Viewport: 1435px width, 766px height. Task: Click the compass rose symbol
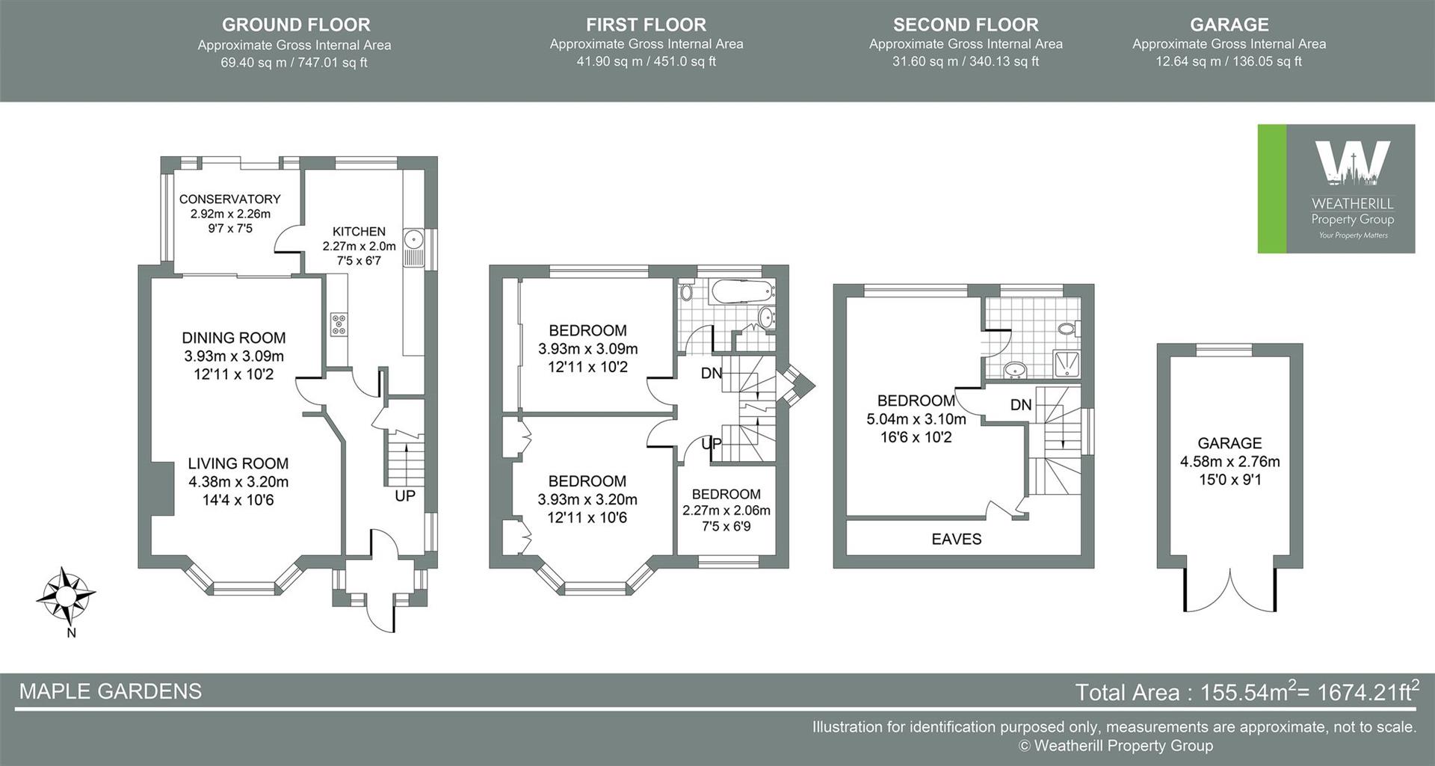pyautogui.click(x=66, y=597)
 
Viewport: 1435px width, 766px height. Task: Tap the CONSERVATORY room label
pyautogui.click(x=229, y=199)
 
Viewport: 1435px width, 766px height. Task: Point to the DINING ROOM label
pyautogui.click(x=233, y=338)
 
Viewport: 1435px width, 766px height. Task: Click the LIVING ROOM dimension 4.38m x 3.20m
pyautogui.click(x=238, y=482)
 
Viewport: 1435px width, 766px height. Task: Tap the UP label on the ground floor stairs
pyautogui.click(x=404, y=495)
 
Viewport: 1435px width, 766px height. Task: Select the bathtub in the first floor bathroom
pyautogui.click(x=737, y=290)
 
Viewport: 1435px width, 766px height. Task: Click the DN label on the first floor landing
pyautogui.click(x=712, y=373)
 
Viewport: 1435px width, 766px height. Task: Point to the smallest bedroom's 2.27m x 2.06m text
pyautogui.click(x=726, y=510)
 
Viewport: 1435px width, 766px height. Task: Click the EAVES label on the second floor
pyautogui.click(x=956, y=539)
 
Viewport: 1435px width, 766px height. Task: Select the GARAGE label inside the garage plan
pyautogui.click(x=1229, y=443)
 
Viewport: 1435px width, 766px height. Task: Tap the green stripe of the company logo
pyautogui.click(x=1271, y=188)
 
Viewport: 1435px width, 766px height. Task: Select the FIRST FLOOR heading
pyautogui.click(x=646, y=25)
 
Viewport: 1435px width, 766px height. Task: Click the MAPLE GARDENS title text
pyautogui.click(x=110, y=691)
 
